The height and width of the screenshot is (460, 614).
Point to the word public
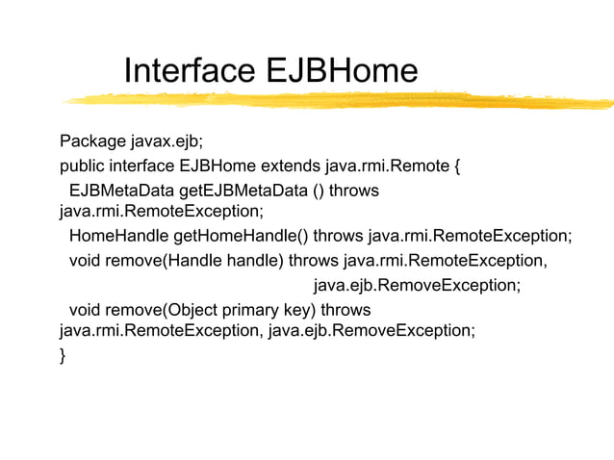[83, 166]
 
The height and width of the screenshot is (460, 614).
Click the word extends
[292, 166]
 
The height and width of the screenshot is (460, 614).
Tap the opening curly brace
[456, 166]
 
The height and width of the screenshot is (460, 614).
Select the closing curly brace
[64, 356]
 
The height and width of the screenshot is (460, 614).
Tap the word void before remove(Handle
[85, 261]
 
